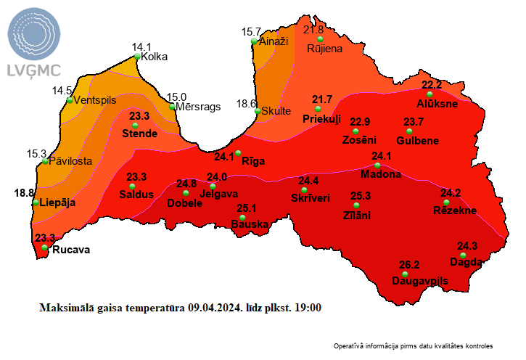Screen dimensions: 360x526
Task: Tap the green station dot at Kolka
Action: coord(138,56)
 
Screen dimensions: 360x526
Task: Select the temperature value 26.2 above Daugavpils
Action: coord(409,265)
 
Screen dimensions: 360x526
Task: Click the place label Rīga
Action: coord(253,160)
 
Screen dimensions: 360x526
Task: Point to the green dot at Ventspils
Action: coord(70,100)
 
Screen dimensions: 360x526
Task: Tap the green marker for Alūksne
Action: coord(430,94)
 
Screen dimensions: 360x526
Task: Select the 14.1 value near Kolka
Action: coord(141,46)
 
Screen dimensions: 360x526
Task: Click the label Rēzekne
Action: coord(454,210)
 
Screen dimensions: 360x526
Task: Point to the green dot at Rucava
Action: coord(45,248)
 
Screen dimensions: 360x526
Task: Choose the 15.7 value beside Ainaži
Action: coord(250,32)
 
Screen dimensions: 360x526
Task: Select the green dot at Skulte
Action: coord(258,111)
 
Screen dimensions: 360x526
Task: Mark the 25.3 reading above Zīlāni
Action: coord(361,196)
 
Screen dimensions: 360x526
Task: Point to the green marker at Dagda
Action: coord(464,255)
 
